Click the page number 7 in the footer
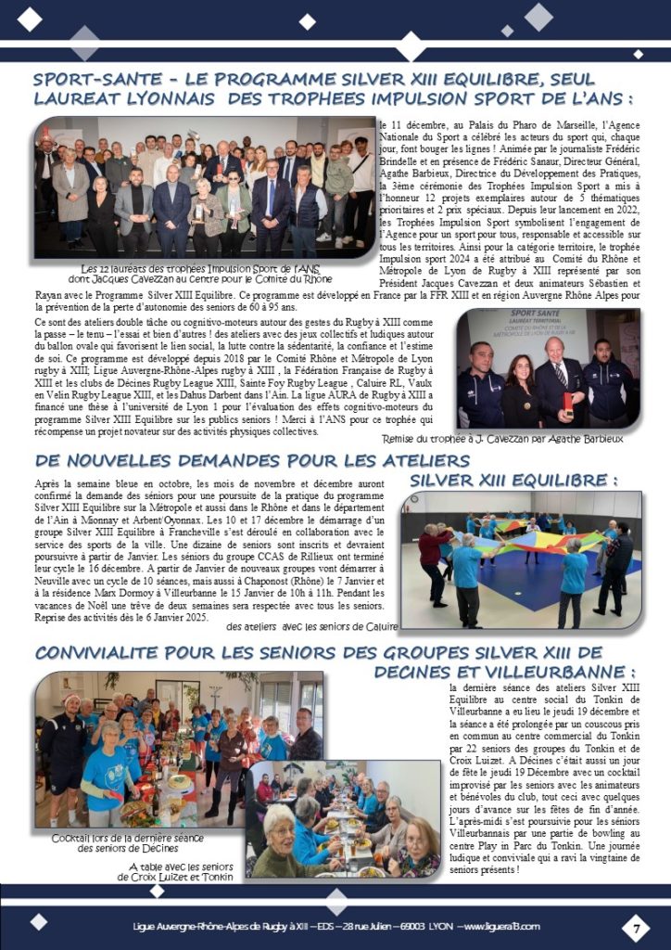click(x=637, y=927)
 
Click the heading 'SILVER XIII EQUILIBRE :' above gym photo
click(x=513, y=481)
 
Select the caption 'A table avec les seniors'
click(x=181, y=866)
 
